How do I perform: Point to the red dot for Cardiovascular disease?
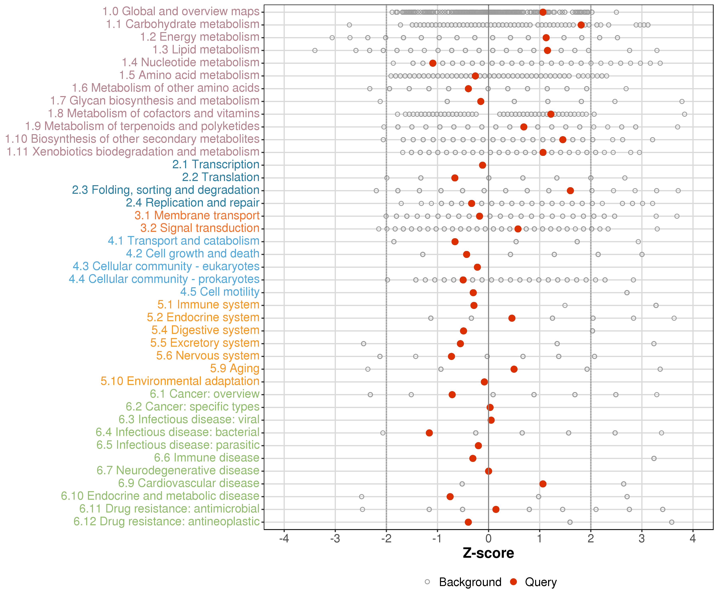pos(543,484)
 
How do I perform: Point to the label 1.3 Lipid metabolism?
pos(206,50)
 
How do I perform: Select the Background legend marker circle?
pos(427,582)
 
